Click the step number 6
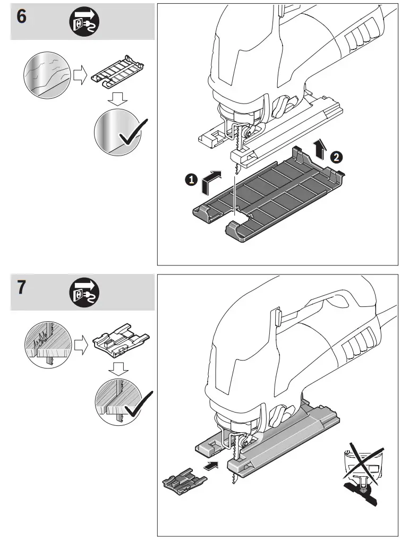pyautogui.click(x=21, y=16)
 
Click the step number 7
pyautogui.click(x=21, y=288)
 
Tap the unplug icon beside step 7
pyautogui.click(x=84, y=294)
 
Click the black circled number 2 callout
pyautogui.click(x=335, y=157)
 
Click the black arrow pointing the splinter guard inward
pyautogui.click(x=211, y=466)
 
